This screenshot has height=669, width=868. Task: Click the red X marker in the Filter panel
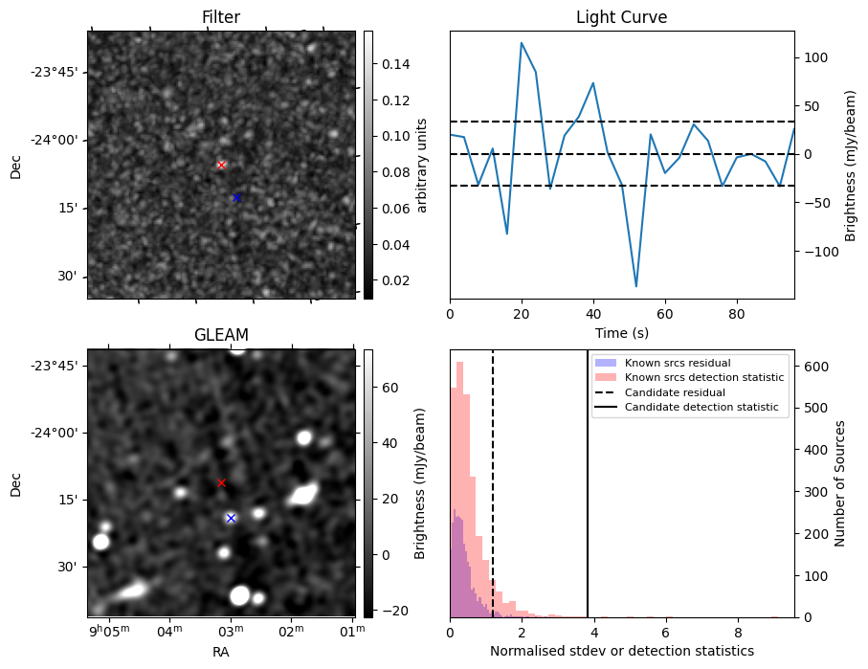click(222, 165)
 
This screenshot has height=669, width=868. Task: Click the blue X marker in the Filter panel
click(236, 197)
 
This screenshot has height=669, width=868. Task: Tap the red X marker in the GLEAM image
click(222, 482)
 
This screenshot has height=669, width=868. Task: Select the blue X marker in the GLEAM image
click(231, 518)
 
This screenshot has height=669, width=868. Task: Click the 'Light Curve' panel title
click(621, 17)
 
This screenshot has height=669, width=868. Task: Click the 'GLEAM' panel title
click(221, 335)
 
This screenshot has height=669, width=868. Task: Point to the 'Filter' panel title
click(221, 17)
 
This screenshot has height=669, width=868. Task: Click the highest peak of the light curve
click(522, 43)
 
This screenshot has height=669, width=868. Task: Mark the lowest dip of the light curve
click(636, 286)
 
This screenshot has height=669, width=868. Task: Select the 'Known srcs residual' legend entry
click(678, 363)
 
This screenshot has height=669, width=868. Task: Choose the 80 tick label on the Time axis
click(737, 313)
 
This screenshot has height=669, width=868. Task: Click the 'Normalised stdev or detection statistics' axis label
click(621, 651)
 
